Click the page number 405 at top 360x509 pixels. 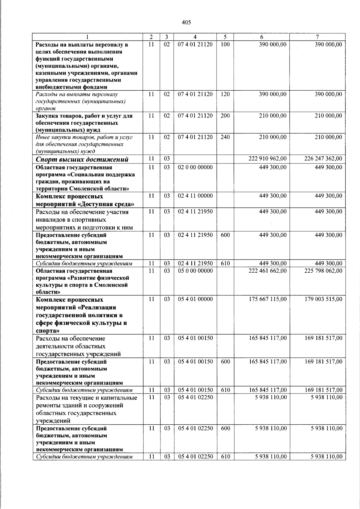[x=186, y=22]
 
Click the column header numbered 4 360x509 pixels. [x=195, y=37]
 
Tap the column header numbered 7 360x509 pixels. [x=317, y=37]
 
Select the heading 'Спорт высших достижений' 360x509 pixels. [x=82, y=159]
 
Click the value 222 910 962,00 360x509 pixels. [x=268, y=159]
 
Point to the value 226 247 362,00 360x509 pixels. [x=323, y=159]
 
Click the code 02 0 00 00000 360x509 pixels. [x=195, y=167]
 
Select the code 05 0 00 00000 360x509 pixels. [x=195, y=271]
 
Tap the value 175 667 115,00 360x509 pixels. [x=268, y=299]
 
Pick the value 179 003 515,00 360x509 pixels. [x=323, y=299]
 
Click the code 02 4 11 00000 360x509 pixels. [x=195, y=196]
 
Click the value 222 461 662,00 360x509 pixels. [x=268, y=271]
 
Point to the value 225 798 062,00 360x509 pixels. [x=323, y=271]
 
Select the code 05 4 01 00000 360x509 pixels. [x=195, y=299]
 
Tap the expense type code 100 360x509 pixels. [x=225, y=44]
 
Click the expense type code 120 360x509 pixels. [x=225, y=94]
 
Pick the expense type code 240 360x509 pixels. [x=225, y=137]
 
